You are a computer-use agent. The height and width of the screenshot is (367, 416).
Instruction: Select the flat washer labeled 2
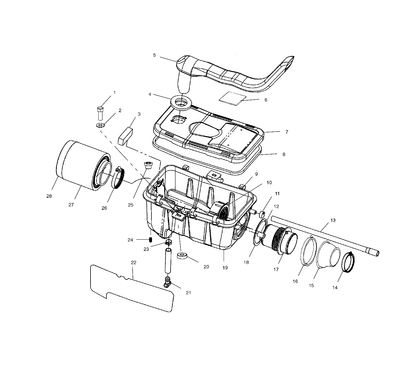tap(100, 125)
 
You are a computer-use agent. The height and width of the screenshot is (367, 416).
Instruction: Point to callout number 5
tap(154, 55)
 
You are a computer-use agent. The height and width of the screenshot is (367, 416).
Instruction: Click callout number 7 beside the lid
tap(287, 132)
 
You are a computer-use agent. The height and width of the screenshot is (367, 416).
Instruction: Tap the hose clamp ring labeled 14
tap(347, 262)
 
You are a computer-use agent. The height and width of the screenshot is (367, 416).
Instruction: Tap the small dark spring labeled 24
tap(151, 239)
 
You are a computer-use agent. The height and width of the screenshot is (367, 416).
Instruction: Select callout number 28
tap(49, 196)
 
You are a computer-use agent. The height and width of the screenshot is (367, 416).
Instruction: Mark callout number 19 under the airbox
tap(225, 268)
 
